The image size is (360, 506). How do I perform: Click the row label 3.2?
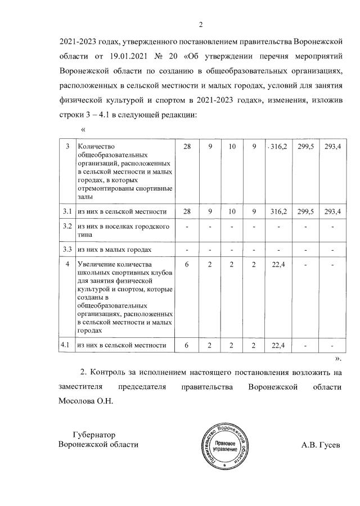click(x=67, y=227)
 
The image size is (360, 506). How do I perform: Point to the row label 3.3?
click(x=67, y=249)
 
